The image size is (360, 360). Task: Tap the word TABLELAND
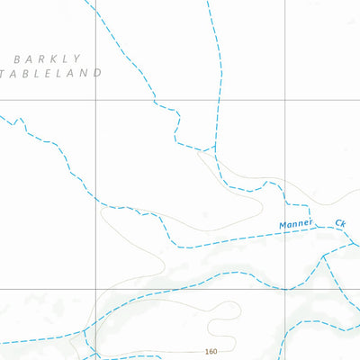pyautogui.click(x=52, y=73)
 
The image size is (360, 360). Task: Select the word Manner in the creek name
pyautogui.click(x=295, y=224)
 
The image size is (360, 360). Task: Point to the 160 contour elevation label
pyautogui.click(x=211, y=351)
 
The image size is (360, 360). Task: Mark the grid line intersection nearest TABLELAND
pyautogui.click(x=95, y=100)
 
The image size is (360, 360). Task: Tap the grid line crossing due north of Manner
pyautogui.click(x=286, y=100)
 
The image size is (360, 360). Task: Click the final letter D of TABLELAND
pyautogui.click(x=97, y=73)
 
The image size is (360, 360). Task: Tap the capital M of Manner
pyautogui.click(x=282, y=224)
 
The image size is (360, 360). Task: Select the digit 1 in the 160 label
pyautogui.click(x=207, y=351)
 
